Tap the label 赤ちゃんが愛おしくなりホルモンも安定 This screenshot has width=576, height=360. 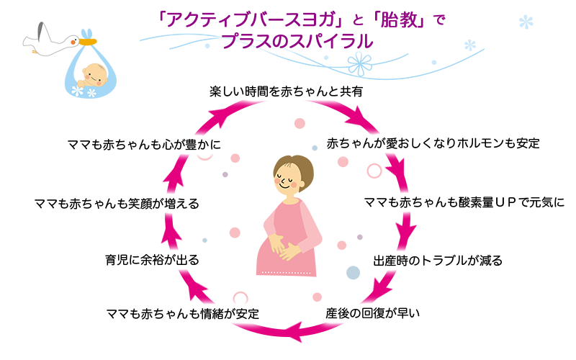click(x=433, y=143)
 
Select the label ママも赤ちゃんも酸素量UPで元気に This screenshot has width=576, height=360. click(x=464, y=201)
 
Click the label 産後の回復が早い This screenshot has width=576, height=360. click(x=372, y=313)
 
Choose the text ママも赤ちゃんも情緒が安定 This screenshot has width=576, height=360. click(x=181, y=314)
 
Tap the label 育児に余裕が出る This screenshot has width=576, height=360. click(x=152, y=258)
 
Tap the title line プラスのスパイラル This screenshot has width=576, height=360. click(x=297, y=42)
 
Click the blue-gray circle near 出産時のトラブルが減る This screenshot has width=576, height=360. click(x=353, y=273)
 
